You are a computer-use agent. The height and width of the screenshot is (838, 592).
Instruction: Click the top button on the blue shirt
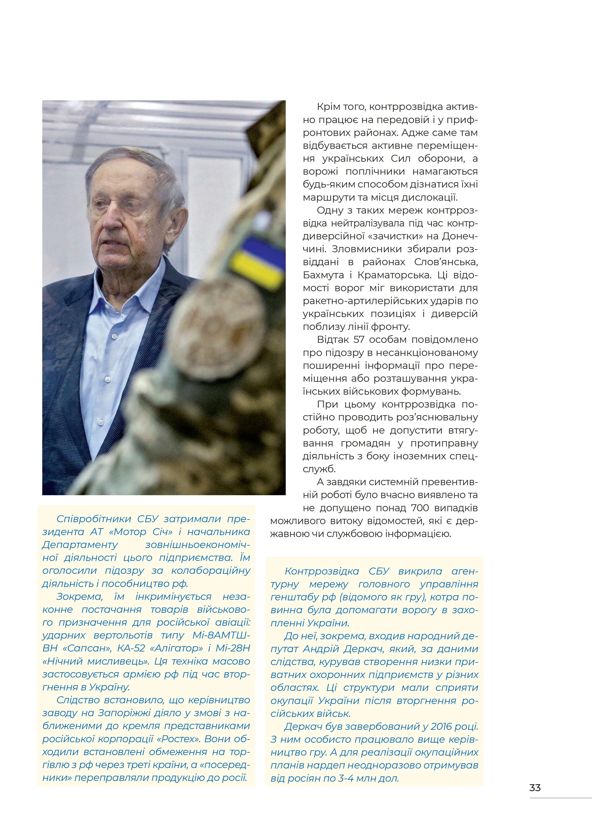(x=114, y=335)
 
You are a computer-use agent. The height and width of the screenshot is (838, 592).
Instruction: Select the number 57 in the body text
(x=359, y=340)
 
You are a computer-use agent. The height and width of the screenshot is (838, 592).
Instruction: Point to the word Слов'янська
(x=446, y=262)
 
